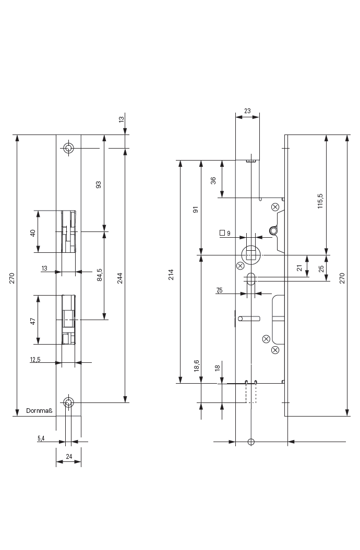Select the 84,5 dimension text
(x=100, y=275)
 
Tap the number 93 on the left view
(x=99, y=185)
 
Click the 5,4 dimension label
(x=41, y=439)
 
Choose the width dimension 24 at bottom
(x=68, y=457)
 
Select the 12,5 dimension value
(x=35, y=359)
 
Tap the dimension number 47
(x=32, y=321)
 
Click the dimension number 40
(x=32, y=233)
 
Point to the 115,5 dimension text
(x=320, y=201)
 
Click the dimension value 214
(x=171, y=275)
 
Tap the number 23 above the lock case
(x=247, y=111)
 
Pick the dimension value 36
(x=213, y=180)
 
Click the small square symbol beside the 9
(x=222, y=233)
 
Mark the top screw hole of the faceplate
(x=68, y=149)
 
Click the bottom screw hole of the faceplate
(x=68, y=402)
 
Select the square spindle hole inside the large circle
(x=251, y=254)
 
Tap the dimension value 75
(x=219, y=290)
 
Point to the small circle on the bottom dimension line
(x=251, y=442)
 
